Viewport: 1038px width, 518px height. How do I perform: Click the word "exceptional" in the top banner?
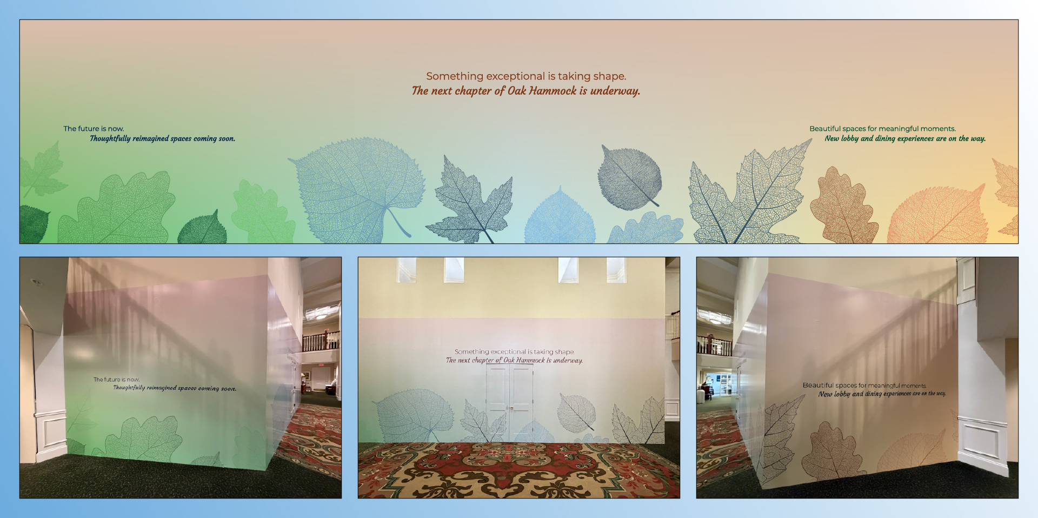[515, 77]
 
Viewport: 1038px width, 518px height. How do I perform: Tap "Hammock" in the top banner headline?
[553, 91]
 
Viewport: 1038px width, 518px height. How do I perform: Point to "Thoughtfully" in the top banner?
[110, 139]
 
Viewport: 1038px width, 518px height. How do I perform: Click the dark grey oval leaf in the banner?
[629, 177]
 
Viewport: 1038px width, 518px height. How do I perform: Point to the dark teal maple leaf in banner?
[470, 200]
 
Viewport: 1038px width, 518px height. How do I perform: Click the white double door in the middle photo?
[509, 403]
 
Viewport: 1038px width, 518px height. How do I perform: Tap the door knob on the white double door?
[510, 408]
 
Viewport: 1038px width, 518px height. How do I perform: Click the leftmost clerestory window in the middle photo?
[407, 269]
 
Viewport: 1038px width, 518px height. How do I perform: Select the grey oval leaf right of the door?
[576, 413]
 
